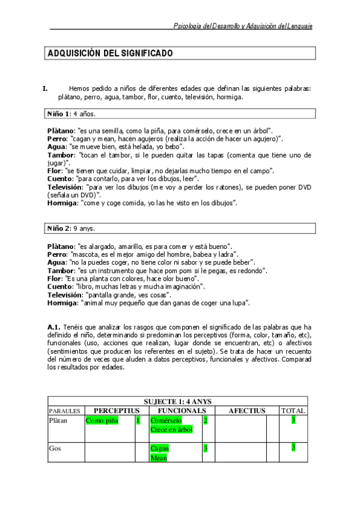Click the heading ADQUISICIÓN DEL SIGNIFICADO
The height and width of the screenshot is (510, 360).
[x=111, y=54]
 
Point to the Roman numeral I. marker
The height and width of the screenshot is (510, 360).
[x=45, y=89]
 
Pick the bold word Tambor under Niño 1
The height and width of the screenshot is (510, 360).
[x=61, y=155]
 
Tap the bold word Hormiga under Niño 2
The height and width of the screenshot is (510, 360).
[x=63, y=303]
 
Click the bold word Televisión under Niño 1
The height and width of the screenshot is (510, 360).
[x=65, y=187]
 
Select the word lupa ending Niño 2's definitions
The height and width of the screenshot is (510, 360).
[x=240, y=303]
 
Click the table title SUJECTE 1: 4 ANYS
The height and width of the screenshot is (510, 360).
[x=177, y=401]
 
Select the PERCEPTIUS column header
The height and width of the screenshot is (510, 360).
[x=117, y=411]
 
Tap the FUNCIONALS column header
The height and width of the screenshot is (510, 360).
[x=178, y=411]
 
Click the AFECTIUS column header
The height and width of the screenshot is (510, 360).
[x=246, y=411]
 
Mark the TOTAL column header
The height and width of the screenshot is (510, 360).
[x=293, y=411]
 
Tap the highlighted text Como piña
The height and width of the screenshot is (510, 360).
[x=102, y=420]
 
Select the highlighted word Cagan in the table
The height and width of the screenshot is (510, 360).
[x=159, y=448]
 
